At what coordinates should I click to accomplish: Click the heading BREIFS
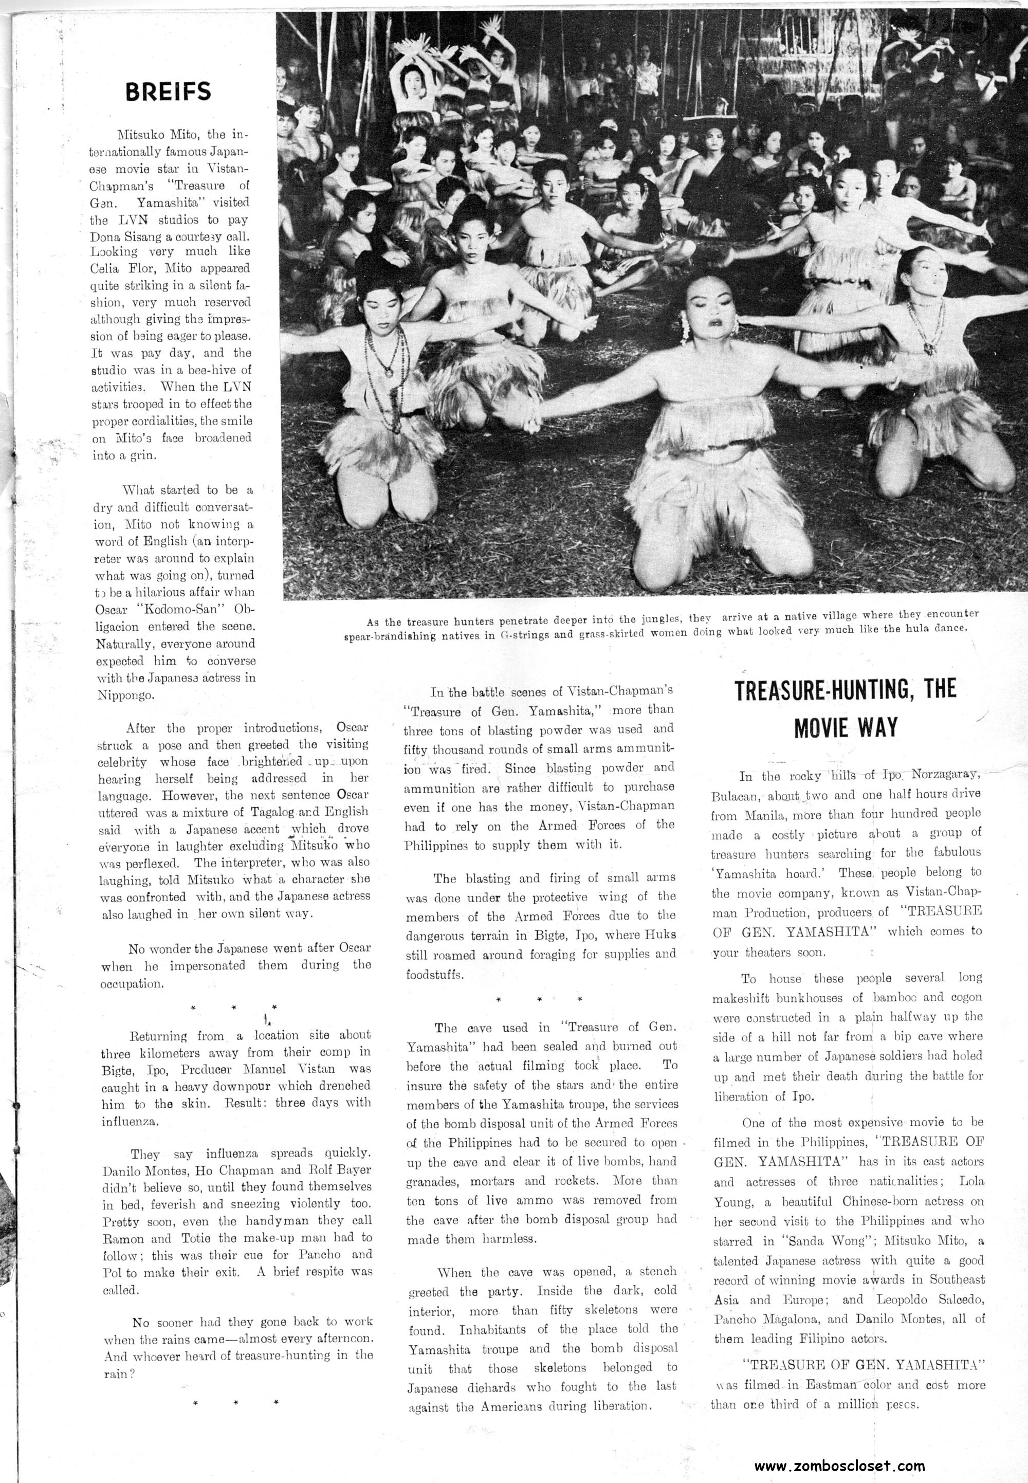coord(168,92)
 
